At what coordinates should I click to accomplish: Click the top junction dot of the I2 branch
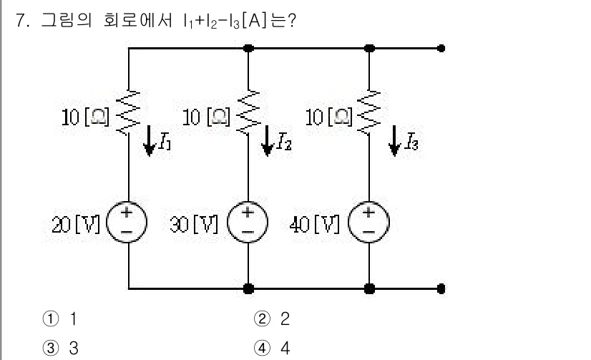(248, 49)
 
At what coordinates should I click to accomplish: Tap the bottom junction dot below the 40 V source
(369, 289)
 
